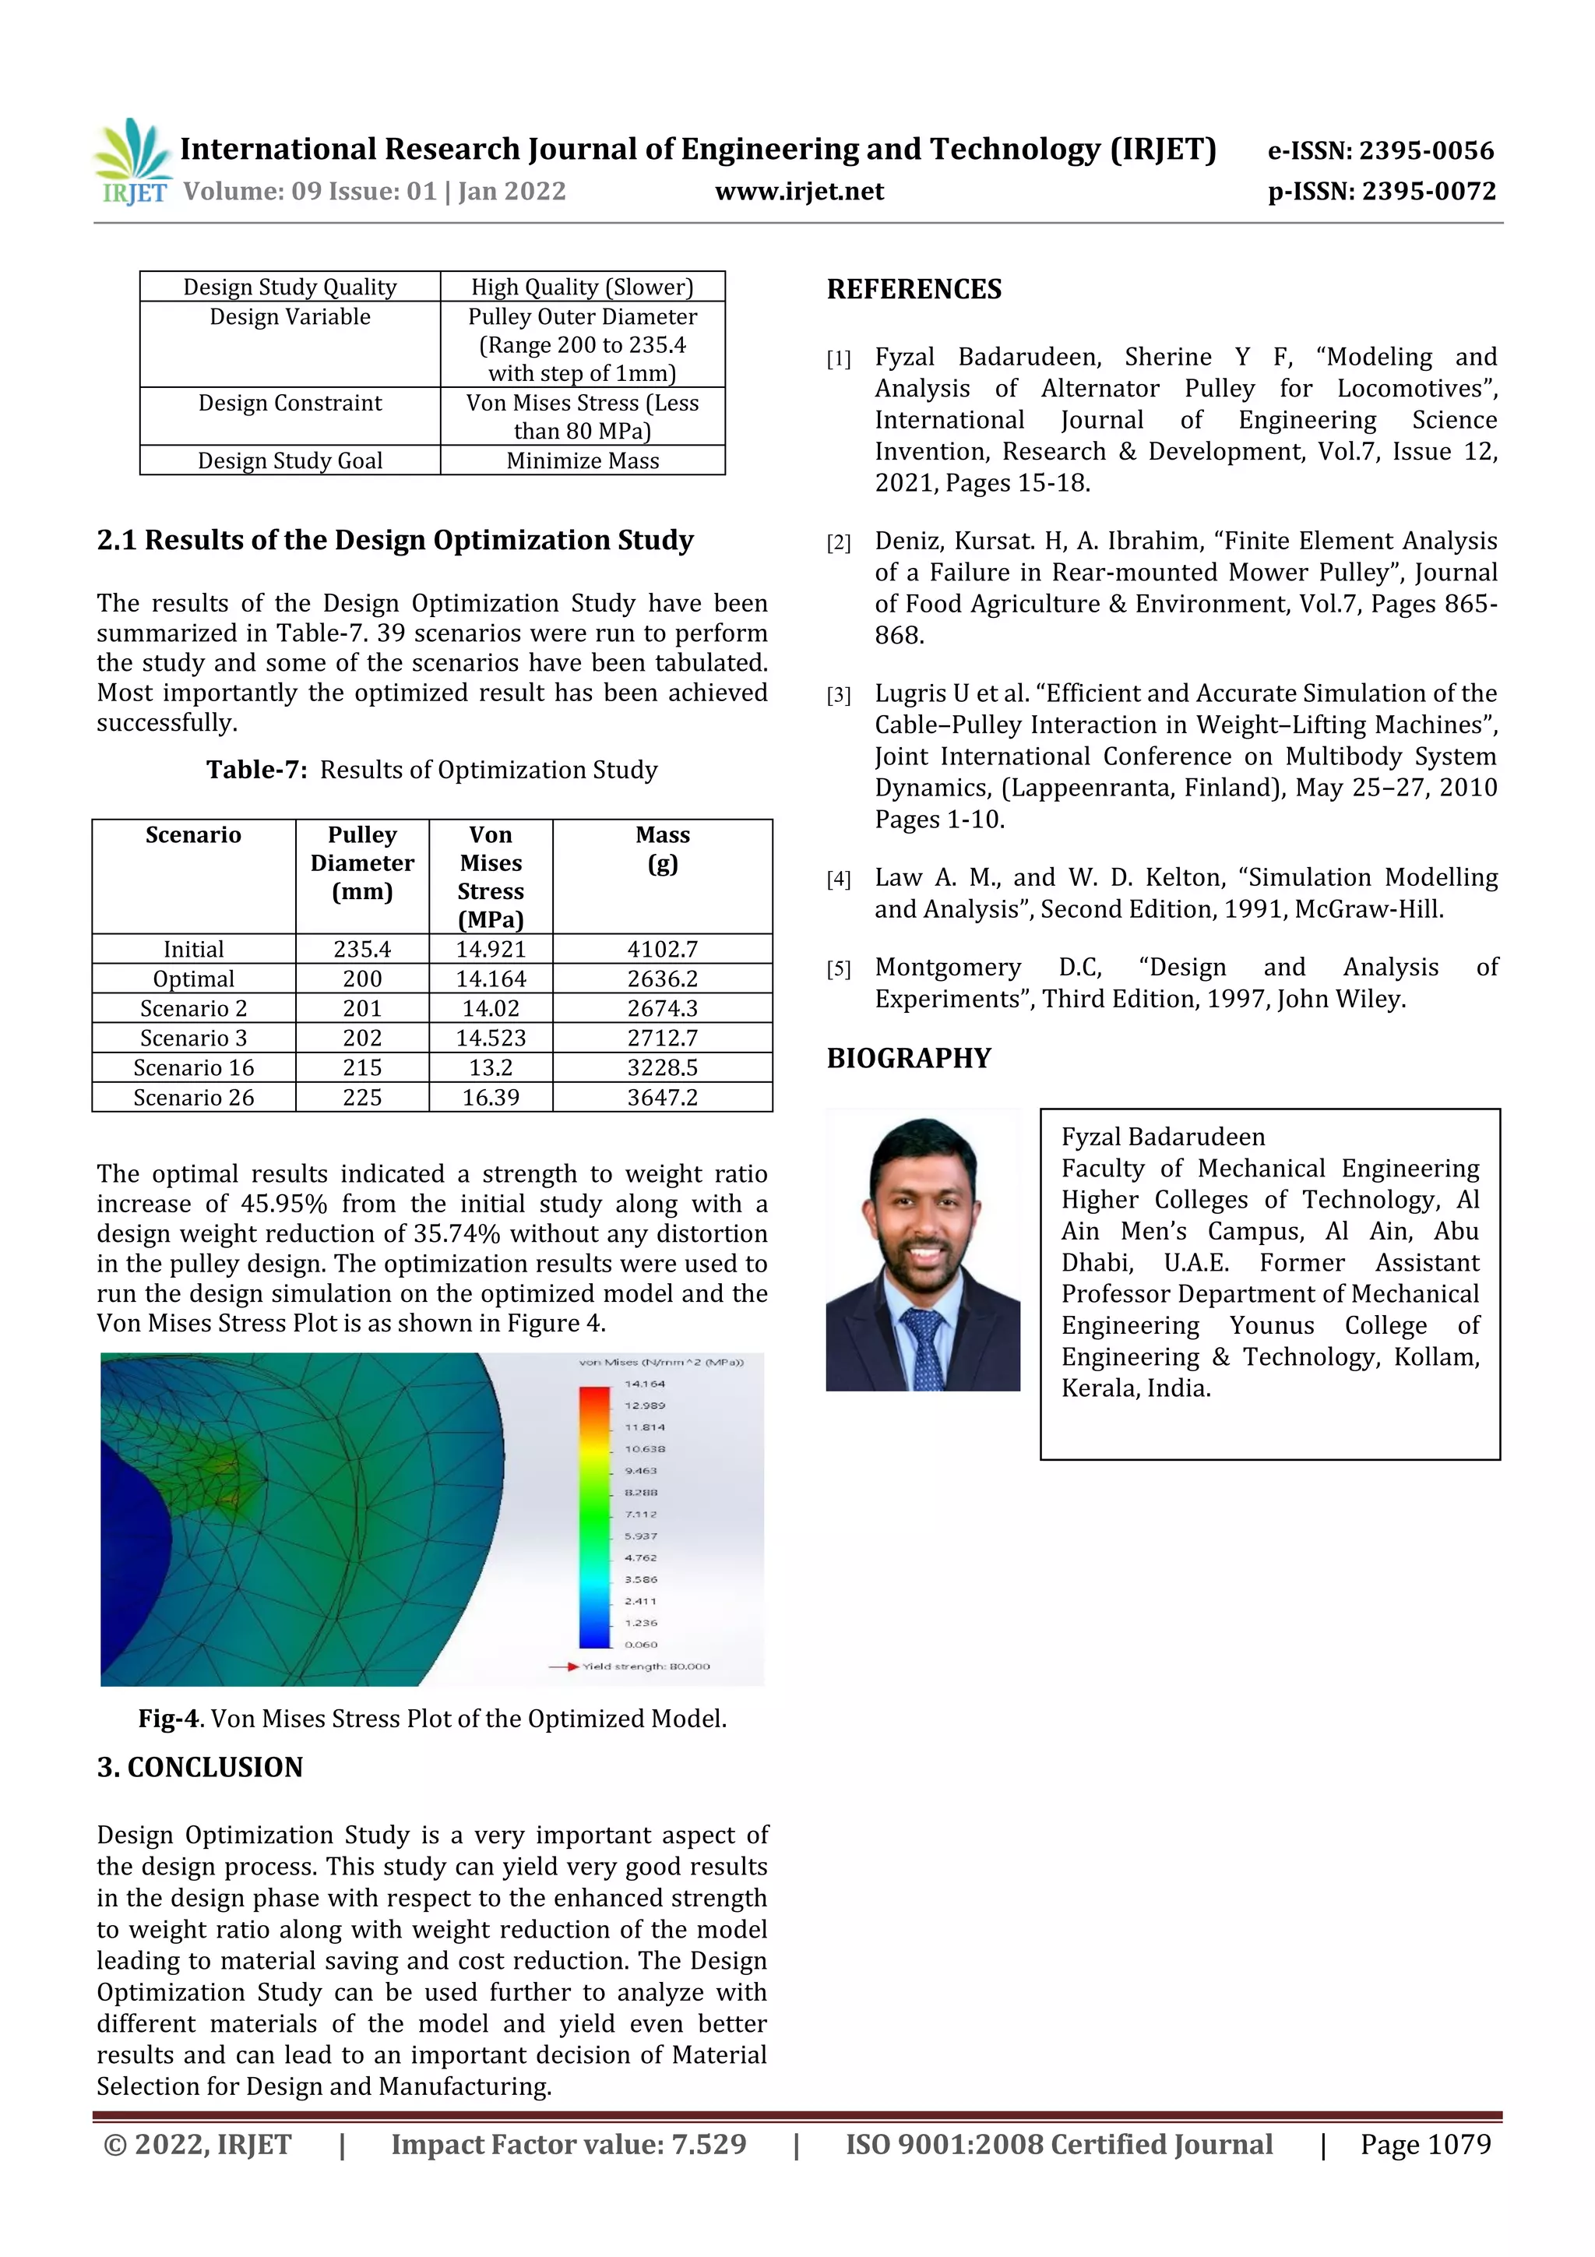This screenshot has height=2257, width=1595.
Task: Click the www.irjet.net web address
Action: [799, 192]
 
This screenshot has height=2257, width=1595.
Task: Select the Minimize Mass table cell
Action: [582, 461]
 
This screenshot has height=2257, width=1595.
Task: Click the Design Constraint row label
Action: [290, 403]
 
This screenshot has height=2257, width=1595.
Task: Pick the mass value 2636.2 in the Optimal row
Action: [662, 979]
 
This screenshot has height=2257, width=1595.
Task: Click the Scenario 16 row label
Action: [194, 1067]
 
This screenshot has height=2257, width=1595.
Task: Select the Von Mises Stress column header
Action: [491, 876]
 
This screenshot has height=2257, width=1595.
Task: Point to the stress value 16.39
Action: [491, 1097]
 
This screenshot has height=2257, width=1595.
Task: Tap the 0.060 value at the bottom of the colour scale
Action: [641, 1644]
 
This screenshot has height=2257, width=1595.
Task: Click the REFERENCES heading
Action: [914, 289]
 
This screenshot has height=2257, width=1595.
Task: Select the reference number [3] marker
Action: [838, 696]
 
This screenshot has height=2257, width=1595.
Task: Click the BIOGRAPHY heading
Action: [908, 1059]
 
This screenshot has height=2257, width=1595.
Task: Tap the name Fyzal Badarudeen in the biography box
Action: [1163, 1137]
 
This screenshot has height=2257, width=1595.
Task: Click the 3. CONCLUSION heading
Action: [199, 1768]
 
